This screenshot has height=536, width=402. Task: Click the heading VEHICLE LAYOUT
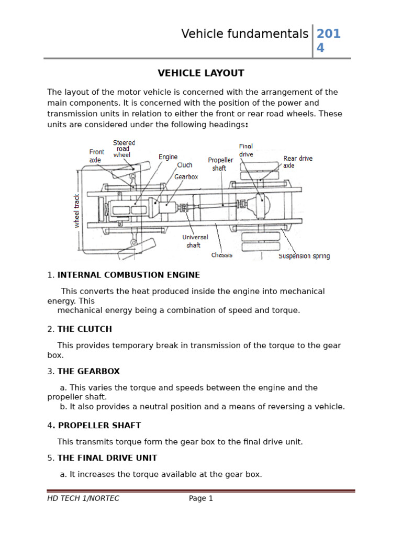(x=201, y=73)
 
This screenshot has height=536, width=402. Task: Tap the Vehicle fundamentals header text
(x=244, y=34)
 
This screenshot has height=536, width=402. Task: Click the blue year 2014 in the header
(x=328, y=41)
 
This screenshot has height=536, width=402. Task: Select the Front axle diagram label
(x=96, y=155)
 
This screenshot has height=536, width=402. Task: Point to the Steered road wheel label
(x=124, y=149)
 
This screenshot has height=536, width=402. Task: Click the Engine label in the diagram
(x=168, y=157)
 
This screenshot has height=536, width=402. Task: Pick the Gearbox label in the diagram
(x=186, y=177)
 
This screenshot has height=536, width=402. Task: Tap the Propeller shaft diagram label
(x=220, y=164)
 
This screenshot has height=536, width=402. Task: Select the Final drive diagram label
(x=246, y=150)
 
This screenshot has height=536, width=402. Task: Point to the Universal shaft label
(x=195, y=241)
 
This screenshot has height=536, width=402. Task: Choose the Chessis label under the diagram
(x=222, y=255)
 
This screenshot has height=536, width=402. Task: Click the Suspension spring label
(x=304, y=256)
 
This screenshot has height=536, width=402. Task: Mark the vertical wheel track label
(x=77, y=210)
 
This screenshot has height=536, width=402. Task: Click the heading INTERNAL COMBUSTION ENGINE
(x=128, y=275)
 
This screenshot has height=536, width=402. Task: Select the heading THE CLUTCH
(x=84, y=329)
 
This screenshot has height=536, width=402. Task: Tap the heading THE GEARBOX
(x=88, y=372)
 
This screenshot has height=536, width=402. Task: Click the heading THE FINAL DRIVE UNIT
(x=107, y=458)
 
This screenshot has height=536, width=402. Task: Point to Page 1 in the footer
(x=200, y=498)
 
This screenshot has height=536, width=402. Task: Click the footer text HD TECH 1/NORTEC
(x=83, y=498)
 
